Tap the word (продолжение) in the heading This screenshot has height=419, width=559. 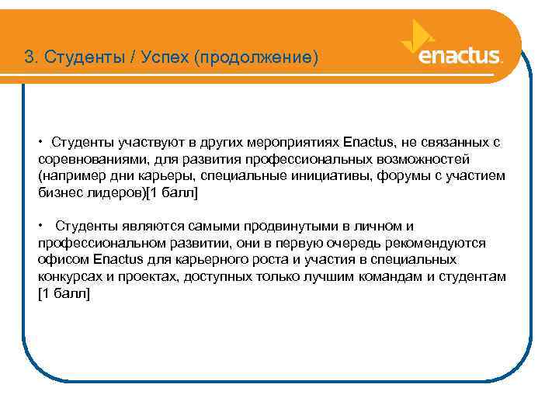[x=257, y=57]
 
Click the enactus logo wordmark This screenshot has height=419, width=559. [x=460, y=57]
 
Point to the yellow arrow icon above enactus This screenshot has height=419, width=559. [x=417, y=33]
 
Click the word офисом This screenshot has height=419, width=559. [x=63, y=259]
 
